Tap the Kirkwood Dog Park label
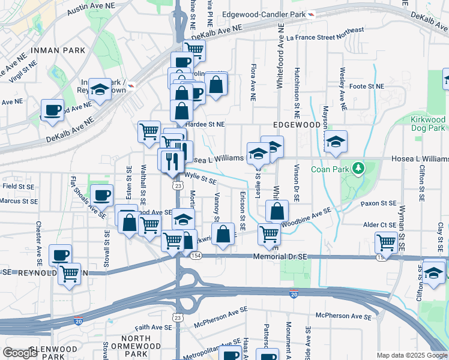pyautogui.click(x=427, y=124)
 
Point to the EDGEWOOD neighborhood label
pyautogui.click(x=296, y=124)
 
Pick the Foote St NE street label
pyautogui.click(x=367, y=86)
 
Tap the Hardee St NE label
pyautogui.click(x=205, y=124)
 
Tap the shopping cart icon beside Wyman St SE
pyautogui.click(x=385, y=242)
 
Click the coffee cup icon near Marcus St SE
pyautogui.click(x=102, y=195)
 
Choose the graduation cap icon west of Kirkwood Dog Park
pyautogui.click(x=336, y=141)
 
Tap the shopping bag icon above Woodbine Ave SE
pyautogui.click(x=277, y=211)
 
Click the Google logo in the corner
pyautogui.click(x=20, y=352)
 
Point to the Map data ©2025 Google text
pyautogui.click(x=412, y=355)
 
